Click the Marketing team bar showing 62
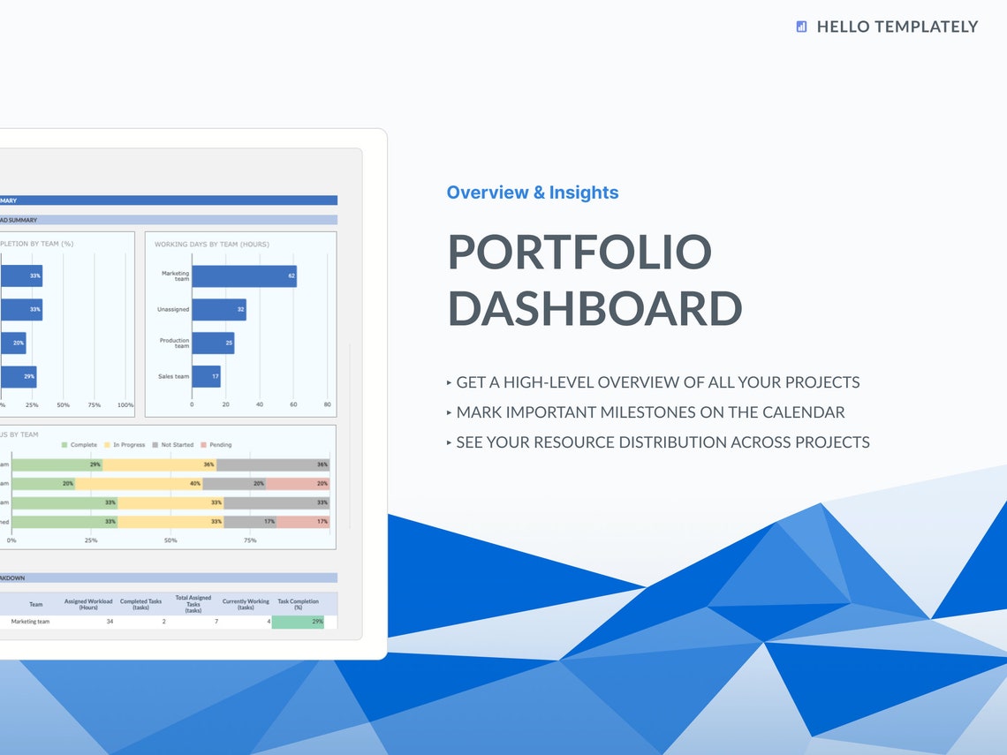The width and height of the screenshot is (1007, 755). pyautogui.click(x=244, y=276)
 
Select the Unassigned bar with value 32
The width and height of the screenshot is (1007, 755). pyautogui.click(x=218, y=310)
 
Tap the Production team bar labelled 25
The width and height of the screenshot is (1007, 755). pyautogui.click(x=213, y=344)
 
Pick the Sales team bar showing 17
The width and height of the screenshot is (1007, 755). pyautogui.click(x=206, y=376)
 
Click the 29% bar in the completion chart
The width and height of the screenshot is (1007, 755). pyautogui.click(x=19, y=377)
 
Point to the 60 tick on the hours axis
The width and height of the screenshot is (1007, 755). pyautogui.click(x=293, y=404)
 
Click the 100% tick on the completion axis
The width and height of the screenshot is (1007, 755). pyautogui.click(x=125, y=404)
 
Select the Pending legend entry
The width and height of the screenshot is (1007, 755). pyautogui.click(x=216, y=445)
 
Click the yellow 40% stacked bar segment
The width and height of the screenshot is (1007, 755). pyautogui.click(x=139, y=484)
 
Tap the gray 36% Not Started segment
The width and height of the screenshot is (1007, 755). pyautogui.click(x=273, y=464)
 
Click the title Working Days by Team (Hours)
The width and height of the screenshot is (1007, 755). pyautogui.click(x=212, y=244)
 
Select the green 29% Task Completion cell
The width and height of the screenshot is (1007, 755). pyautogui.click(x=298, y=622)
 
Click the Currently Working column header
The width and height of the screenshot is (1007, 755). pyautogui.click(x=246, y=604)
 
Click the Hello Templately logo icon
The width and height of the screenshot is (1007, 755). pyautogui.click(x=801, y=26)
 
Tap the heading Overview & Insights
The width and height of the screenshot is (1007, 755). pyautogui.click(x=532, y=193)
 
